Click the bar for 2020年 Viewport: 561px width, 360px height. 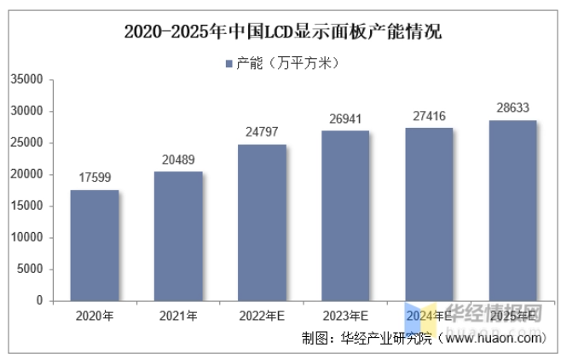pos(95,246)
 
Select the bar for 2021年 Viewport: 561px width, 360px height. pos(178,236)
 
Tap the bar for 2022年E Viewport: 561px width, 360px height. pos(262,223)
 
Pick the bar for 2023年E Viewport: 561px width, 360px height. pos(345,216)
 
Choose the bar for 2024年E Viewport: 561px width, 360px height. pos(429,214)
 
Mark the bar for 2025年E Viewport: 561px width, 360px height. pos(512,211)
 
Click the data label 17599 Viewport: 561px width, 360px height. pos(95,178)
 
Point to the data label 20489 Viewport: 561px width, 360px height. pos(178,160)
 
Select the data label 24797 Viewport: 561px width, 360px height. pos(262,132)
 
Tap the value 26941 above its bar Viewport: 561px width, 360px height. pos(345,119)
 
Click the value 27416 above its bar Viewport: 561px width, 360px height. pos(429,116)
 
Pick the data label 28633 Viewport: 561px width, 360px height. pos(512,108)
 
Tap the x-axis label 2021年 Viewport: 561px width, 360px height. pos(178,316)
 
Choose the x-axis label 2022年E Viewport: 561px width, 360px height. pos(262,316)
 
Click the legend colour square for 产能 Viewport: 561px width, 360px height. pos(229,63)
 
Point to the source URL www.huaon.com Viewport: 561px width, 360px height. pos(494,338)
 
